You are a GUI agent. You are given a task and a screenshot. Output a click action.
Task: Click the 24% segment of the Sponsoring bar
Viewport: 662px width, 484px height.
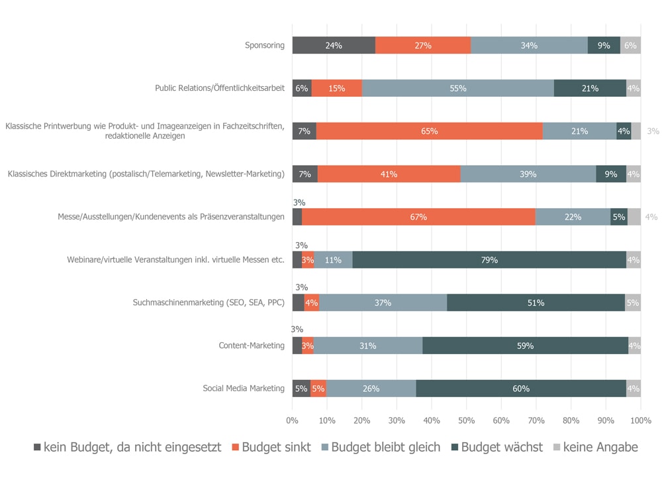click(334, 46)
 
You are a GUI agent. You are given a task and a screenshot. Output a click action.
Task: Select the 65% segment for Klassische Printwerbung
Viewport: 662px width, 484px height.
click(429, 131)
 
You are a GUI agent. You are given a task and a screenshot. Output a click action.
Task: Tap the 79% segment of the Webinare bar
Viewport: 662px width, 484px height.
click(489, 260)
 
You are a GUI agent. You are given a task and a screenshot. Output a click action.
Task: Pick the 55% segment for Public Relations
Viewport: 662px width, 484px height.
click(458, 88)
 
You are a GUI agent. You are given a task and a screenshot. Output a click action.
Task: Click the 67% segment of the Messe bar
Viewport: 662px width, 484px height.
click(418, 217)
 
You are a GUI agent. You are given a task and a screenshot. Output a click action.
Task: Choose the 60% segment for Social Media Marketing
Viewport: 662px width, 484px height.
click(521, 389)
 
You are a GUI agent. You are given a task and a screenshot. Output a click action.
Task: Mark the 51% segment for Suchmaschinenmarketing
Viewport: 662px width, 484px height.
click(536, 303)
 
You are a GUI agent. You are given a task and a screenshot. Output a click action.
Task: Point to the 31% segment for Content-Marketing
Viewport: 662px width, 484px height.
click(368, 345)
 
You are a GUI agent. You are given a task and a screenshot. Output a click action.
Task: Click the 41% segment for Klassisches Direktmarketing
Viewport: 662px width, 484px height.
click(389, 174)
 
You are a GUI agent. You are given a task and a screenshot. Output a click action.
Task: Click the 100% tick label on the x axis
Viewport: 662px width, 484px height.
click(641, 420)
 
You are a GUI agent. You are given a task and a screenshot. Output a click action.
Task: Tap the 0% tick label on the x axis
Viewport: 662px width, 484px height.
click(293, 420)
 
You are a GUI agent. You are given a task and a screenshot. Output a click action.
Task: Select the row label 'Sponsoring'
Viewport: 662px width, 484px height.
click(265, 46)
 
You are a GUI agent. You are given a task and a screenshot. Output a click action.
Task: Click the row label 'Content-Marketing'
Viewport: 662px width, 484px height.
click(252, 345)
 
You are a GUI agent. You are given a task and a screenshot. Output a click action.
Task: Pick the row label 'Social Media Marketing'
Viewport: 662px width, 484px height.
click(244, 389)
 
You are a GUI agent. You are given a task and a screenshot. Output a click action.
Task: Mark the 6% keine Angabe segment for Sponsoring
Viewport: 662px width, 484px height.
click(630, 46)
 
